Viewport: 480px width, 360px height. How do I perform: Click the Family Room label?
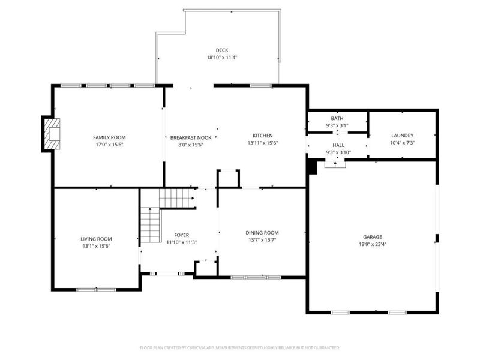(x=109, y=137)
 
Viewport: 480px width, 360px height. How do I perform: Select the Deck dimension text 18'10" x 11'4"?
(x=222, y=58)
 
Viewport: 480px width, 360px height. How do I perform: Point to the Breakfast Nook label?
(x=190, y=137)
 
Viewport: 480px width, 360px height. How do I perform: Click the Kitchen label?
(x=262, y=136)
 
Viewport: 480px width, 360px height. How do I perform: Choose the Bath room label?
(x=337, y=118)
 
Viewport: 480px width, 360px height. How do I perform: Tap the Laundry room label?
(x=402, y=136)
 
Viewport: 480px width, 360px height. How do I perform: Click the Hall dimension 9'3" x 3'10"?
(x=338, y=152)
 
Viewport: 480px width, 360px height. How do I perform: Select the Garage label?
(x=372, y=237)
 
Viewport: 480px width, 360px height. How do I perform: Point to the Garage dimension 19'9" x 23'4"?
(x=372, y=245)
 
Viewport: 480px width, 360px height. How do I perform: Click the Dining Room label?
(x=262, y=233)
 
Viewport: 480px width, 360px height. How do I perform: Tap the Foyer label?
(x=181, y=235)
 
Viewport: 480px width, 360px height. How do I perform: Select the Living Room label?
(x=96, y=239)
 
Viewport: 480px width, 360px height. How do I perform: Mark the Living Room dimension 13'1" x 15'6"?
(x=96, y=246)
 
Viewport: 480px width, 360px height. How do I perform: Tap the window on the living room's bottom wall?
(x=96, y=290)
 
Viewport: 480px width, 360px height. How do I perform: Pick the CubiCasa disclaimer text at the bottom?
(x=240, y=347)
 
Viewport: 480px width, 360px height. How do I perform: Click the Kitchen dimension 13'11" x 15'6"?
(x=262, y=143)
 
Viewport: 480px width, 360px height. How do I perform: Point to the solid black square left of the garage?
(x=311, y=167)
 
